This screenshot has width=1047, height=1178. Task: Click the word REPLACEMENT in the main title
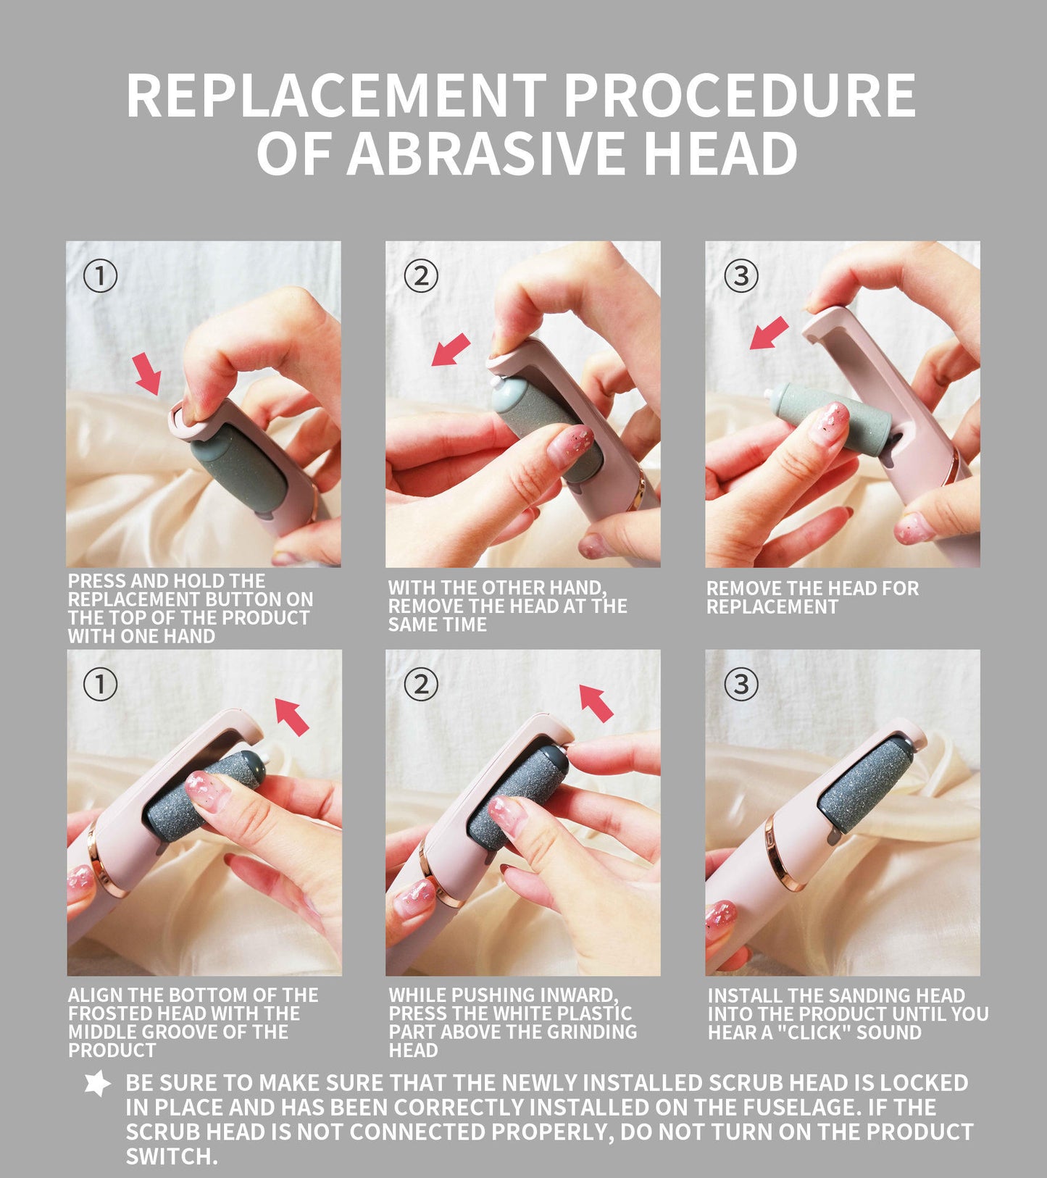336,96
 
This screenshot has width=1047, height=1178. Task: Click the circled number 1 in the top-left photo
100,275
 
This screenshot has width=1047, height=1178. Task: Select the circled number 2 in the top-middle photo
421,275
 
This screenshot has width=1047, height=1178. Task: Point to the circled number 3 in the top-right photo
741,275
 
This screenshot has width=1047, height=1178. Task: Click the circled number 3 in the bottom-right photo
741,684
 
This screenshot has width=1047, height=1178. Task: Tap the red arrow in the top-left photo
149,374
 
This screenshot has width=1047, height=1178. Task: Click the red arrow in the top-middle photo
451,350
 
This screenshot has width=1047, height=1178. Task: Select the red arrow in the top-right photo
769,333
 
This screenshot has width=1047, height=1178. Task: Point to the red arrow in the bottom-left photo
293,717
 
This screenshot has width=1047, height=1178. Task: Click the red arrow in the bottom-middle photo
596,703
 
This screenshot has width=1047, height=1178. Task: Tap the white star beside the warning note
98,1084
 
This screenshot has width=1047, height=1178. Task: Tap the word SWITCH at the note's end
172,1156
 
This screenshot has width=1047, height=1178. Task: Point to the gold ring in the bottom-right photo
783,851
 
